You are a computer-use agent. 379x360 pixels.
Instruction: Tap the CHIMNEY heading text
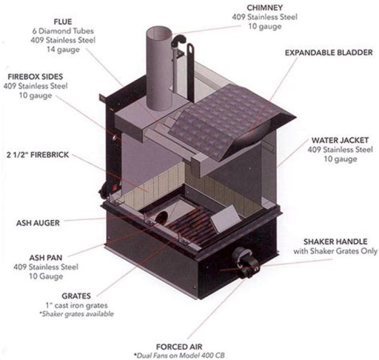[x=266, y=7]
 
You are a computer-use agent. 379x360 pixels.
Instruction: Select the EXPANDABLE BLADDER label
[x=328, y=53]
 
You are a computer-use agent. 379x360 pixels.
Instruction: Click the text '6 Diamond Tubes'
[x=55, y=31]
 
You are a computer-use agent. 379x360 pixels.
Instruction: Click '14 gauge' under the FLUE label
[x=55, y=50]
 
